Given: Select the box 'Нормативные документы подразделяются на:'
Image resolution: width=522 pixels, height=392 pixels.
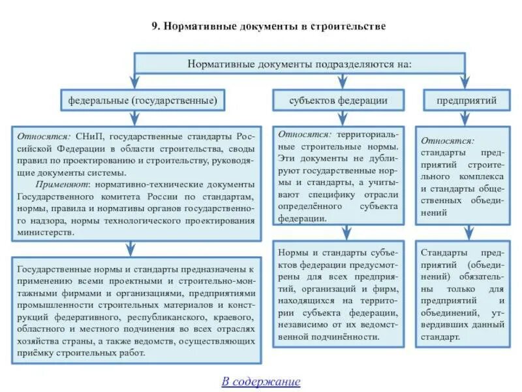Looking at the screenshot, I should click(x=299, y=64).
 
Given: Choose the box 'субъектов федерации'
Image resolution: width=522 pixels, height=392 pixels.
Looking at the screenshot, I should click(x=339, y=101).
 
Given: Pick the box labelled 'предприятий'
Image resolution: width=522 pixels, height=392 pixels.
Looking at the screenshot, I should click(x=467, y=101).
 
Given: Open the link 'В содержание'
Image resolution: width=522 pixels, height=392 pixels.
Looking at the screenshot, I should click(x=261, y=382).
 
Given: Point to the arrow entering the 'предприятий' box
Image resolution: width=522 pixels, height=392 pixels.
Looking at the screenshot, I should click(x=465, y=82).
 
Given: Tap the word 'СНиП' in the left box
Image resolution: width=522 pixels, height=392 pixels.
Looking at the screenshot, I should click(x=89, y=137).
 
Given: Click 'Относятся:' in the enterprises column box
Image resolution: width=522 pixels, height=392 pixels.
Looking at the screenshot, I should click(x=448, y=140).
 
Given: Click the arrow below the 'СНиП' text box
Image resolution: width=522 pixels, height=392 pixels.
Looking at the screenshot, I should click(x=130, y=248).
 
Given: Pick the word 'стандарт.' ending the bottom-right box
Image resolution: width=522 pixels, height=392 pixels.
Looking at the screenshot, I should click(x=440, y=337).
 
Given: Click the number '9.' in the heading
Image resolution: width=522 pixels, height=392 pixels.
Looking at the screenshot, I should click(x=156, y=27).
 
